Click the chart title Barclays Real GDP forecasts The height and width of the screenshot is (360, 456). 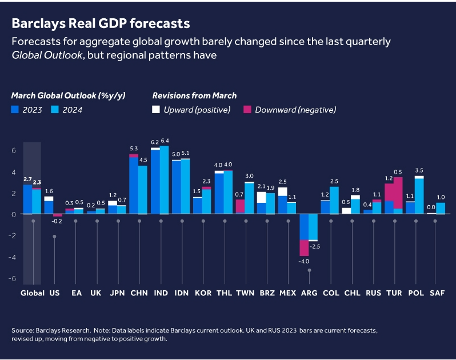point(101,23)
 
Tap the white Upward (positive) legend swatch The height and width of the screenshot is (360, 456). point(157,110)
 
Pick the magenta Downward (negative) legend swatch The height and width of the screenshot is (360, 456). point(247,110)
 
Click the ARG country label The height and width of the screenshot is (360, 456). point(309,293)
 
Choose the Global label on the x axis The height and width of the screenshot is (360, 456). point(33,293)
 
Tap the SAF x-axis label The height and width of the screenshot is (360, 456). point(436,293)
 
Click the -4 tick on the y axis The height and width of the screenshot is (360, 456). point(14,257)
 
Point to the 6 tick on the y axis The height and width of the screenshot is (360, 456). point(14,150)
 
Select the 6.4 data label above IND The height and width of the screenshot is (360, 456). point(165,141)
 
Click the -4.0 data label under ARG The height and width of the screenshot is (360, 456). point(303,261)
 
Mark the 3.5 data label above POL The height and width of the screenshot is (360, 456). point(419,170)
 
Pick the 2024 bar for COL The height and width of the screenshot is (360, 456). point(334,200)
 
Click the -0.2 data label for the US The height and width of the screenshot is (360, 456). point(57,221)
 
